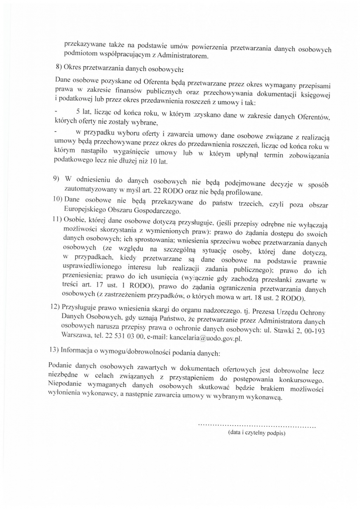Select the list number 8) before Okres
point(59,68)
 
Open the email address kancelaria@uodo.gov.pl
point(205,338)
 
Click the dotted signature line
point(257,425)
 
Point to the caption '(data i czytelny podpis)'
point(257,433)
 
